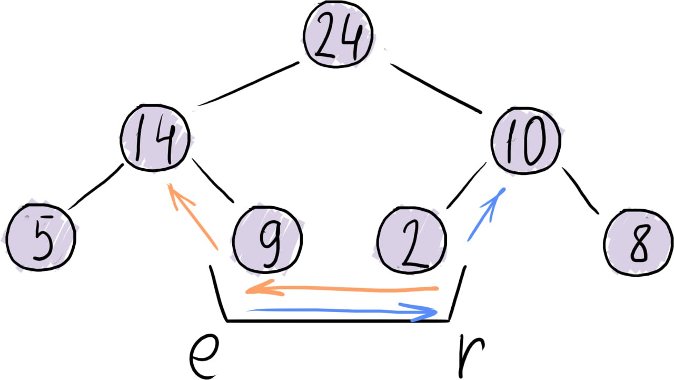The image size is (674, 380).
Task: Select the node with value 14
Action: [x=154, y=140]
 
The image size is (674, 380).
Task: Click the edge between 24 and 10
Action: [x=436, y=88]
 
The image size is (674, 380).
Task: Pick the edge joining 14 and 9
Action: [x=213, y=180]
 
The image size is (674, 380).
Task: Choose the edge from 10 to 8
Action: [x=581, y=190]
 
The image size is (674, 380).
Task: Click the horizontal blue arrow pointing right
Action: [x=342, y=311]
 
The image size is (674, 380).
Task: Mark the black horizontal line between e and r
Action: [x=337, y=320]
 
